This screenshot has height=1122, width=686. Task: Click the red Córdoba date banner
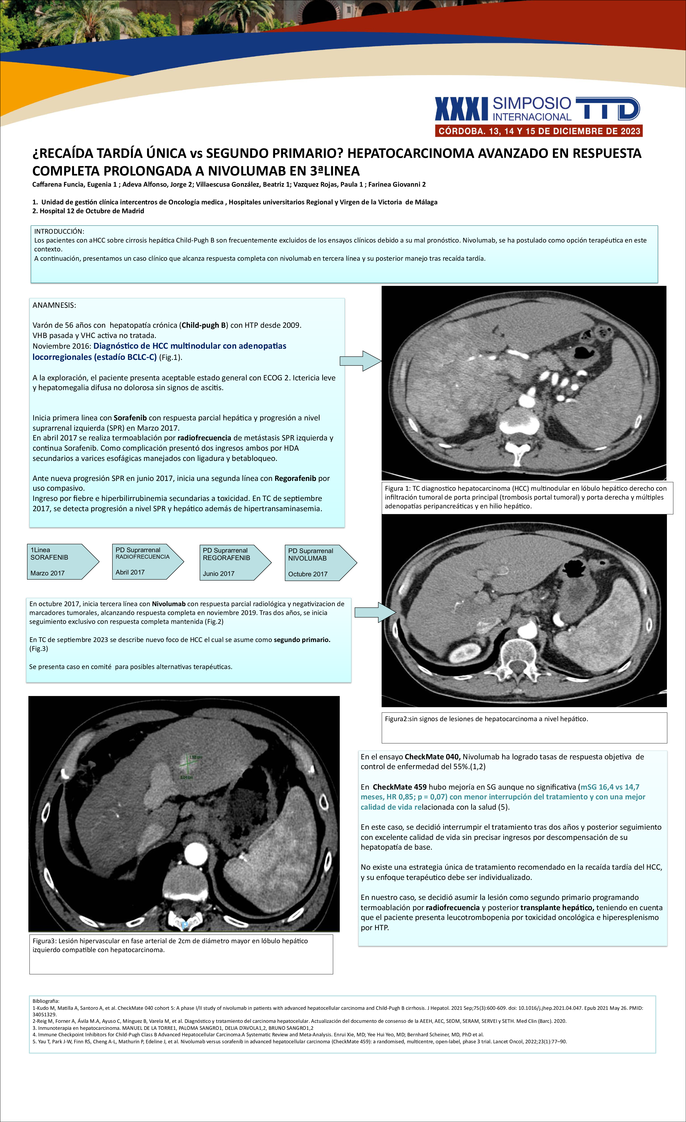[539, 131]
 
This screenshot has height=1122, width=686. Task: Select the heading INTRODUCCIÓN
[59, 231]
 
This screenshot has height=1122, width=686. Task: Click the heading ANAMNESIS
[54, 305]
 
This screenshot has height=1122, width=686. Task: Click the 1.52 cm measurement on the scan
[195, 757]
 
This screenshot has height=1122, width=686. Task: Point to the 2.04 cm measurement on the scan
[186, 777]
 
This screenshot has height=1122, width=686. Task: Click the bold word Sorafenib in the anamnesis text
[130, 418]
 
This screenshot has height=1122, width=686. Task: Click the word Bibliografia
[46, 1001]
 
